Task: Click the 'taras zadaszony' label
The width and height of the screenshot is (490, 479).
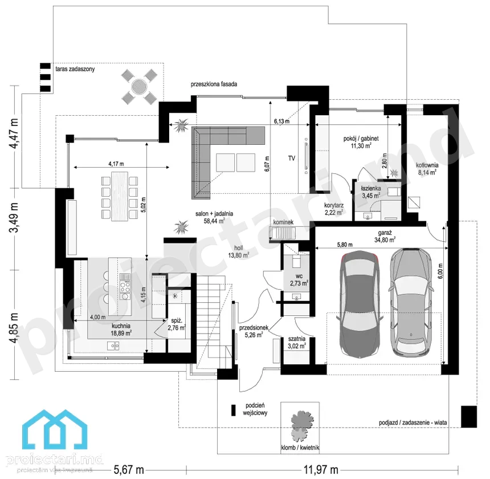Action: click(75, 69)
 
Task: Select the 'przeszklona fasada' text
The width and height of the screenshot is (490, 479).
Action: click(214, 84)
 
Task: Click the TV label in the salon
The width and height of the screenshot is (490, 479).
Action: click(292, 158)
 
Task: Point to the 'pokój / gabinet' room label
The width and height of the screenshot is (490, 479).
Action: click(361, 138)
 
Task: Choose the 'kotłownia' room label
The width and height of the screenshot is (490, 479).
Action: click(427, 165)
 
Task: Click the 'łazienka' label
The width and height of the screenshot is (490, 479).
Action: click(371, 188)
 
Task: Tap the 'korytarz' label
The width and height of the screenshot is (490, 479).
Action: click(334, 205)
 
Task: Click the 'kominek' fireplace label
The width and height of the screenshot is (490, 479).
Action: click(283, 222)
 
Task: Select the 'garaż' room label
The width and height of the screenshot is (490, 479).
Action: click(385, 233)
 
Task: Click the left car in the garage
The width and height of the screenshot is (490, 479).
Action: click(360, 303)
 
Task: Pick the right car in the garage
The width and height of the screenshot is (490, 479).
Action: click(412, 302)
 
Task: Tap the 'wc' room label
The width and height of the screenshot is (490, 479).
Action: click(299, 277)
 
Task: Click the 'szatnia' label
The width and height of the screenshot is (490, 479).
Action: click(296, 339)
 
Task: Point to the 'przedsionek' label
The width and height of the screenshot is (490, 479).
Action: click(254, 328)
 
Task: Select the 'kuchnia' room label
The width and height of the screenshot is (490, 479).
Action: click(121, 326)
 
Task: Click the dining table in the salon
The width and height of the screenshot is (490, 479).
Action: click(120, 196)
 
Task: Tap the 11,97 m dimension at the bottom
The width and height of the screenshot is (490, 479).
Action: click(321, 470)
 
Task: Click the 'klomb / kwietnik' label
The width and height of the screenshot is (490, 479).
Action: click(300, 448)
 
